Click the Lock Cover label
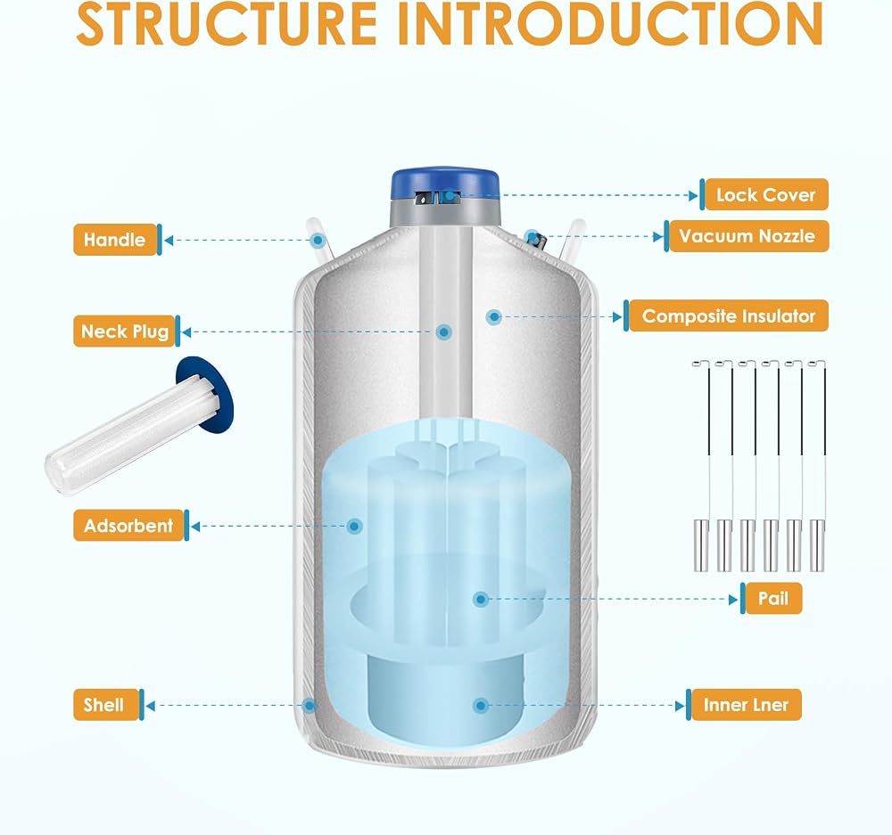pyautogui.click(x=764, y=194)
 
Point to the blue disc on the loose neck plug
pyautogui.click(x=206, y=392)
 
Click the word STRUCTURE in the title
pyautogui.click(x=227, y=23)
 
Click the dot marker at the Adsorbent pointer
pyautogui.click(x=354, y=527)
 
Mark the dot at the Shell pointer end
pyautogui.click(x=310, y=706)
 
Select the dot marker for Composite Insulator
pyautogui.click(x=494, y=316)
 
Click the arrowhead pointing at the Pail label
pyautogui.click(x=732, y=599)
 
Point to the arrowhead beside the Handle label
pyautogui.click(x=169, y=240)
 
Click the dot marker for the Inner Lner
pyautogui.click(x=481, y=706)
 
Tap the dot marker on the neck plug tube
pyautogui.click(x=444, y=332)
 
